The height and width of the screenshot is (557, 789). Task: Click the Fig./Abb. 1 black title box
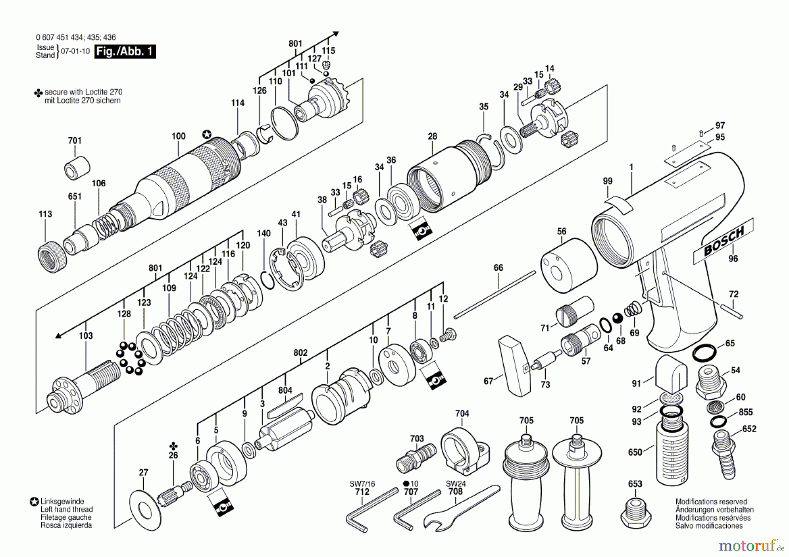tap(125, 51)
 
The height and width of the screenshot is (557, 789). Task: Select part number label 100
tap(178, 136)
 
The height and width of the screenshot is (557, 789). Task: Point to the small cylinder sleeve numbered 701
tap(78, 167)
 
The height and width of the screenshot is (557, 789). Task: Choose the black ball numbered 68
tap(618, 318)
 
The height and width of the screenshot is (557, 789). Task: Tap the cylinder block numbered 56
tap(569, 266)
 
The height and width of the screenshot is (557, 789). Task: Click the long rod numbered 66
tap(495, 294)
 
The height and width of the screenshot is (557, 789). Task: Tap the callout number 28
tap(433, 136)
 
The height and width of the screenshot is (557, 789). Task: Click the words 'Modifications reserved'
tap(711, 502)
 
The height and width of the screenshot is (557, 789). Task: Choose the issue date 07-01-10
tap(75, 51)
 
